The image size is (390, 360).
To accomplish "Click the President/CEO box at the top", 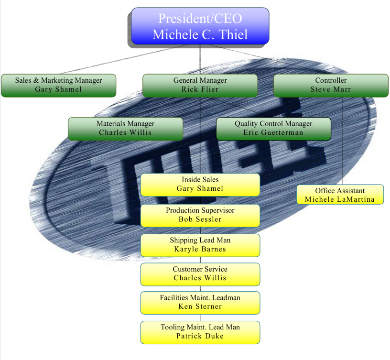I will pos(200,26).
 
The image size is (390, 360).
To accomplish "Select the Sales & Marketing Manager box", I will pos(58,85).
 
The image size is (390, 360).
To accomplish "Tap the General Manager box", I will pos(200,85).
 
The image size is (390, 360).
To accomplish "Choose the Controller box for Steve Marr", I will pos(331,85).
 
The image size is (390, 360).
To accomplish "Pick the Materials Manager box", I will pos(125,129).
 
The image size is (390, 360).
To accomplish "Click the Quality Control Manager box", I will pos(273,129).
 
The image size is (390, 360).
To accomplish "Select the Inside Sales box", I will pos(200,185).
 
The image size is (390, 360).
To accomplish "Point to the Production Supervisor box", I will pos(200,215).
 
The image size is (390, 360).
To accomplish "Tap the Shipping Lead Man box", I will pos(200,245).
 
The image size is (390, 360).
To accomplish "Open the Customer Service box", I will pos(200,274).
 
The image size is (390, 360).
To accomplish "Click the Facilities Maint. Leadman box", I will pos(200,303).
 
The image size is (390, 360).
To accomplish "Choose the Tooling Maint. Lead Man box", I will pos(200,332).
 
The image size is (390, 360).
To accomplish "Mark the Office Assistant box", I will pos(340,195).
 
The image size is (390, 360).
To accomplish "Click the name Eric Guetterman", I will pos(273,132).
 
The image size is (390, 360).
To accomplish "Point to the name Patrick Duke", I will pos(200,336).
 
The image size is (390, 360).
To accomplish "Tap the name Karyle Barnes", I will pos(200,249).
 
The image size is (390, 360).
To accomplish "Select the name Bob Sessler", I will pos(200,219).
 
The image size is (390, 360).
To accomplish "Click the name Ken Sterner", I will pos(200,306).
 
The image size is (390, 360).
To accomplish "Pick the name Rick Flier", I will pos(200,89).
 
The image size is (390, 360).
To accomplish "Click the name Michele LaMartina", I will pos(340,199).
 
